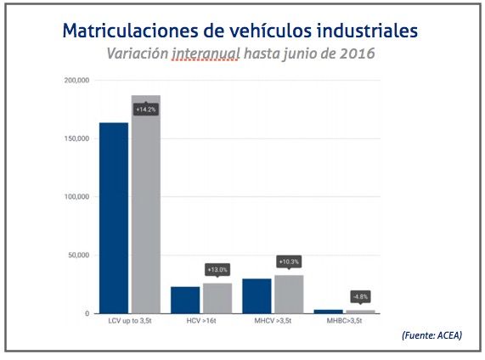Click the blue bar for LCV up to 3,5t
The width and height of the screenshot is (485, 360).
tap(114, 218)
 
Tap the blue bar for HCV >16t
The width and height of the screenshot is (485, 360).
tap(185, 300)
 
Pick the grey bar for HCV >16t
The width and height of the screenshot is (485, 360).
tap(217, 298)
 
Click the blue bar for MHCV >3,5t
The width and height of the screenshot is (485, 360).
tap(257, 295)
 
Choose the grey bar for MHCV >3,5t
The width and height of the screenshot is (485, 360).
tap(288, 294)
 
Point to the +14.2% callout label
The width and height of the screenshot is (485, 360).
tap(145, 110)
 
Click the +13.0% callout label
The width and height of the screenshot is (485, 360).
tap(217, 269)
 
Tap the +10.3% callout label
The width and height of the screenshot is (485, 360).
tap(288, 262)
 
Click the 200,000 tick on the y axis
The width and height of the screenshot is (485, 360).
tap(76, 81)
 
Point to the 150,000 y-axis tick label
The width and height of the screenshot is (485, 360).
tap(76, 138)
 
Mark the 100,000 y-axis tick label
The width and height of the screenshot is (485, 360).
tap(76, 197)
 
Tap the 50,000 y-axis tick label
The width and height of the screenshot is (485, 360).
tap(79, 256)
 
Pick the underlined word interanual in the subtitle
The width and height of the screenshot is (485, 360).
tap(205, 53)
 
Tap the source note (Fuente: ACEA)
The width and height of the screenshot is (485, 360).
tap(431, 336)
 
